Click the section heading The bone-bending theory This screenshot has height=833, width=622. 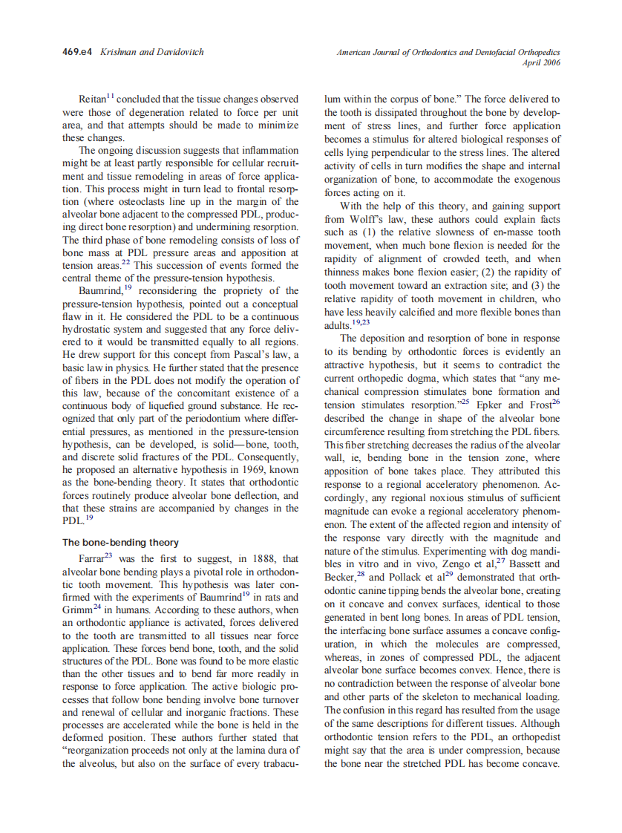tap(120, 543)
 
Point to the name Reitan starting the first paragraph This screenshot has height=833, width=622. tap(93, 99)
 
